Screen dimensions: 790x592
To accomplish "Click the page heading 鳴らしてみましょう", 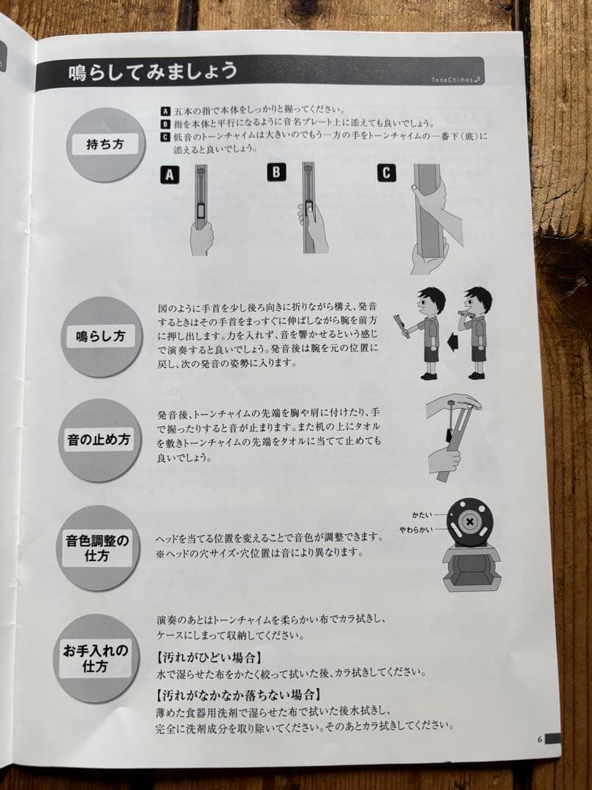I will [153, 72].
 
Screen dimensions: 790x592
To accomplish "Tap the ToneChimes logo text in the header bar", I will [455, 80].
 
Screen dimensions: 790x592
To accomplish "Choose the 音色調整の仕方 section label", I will [97, 548].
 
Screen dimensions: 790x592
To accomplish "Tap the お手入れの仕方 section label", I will [96, 658].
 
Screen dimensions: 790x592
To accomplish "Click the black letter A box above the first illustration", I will [170, 175].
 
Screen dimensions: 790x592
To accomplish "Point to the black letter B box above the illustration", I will [276, 173].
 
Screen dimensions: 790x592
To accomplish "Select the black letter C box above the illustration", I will [387, 173].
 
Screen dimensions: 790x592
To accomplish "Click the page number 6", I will [539, 739].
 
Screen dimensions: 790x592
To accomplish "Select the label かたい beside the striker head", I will [422, 515].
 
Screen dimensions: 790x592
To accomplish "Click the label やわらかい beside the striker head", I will [416, 528].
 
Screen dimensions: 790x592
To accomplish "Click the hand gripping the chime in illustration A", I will [202, 238].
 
